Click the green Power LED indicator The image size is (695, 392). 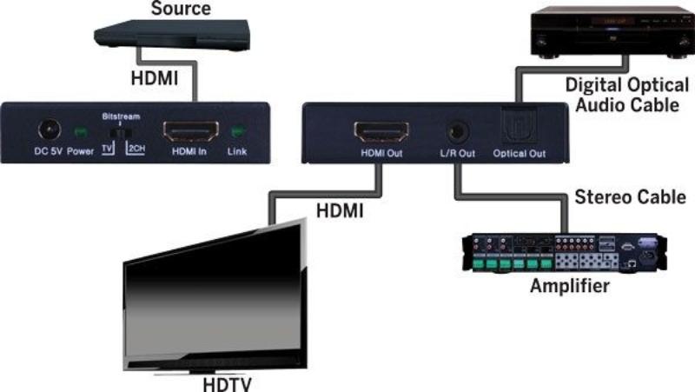pos(81,131)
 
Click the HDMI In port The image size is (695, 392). pos(189,132)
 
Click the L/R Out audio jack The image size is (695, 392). pos(455,133)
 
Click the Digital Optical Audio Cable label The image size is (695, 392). pos(620,95)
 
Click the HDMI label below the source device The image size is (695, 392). pos(154,79)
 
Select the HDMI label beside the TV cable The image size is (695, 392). pos(341,209)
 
